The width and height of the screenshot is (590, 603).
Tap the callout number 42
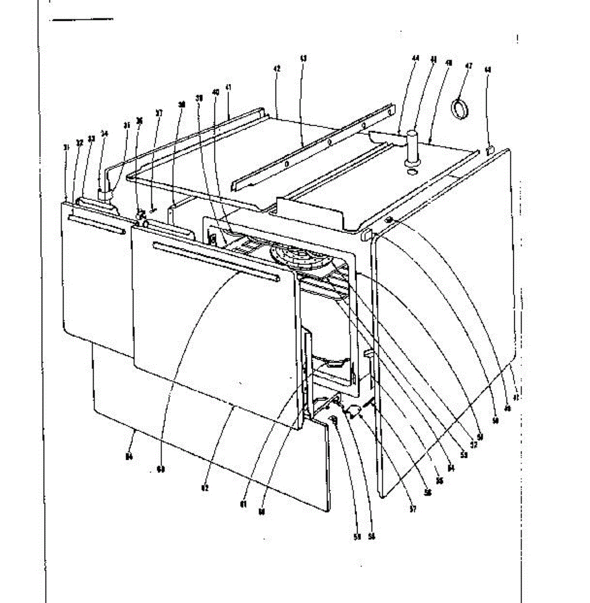[x=277, y=68]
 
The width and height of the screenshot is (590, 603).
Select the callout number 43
[x=303, y=59]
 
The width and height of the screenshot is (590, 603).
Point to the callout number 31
[x=66, y=147]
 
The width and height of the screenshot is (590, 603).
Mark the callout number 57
[x=413, y=509]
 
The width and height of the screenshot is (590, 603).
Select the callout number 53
[x=464, y=455]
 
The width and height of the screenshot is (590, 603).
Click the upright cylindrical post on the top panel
[x=413, y=146]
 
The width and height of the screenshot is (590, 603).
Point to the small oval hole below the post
[x=412, y=172]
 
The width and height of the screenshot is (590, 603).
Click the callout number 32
[x=79, y=143]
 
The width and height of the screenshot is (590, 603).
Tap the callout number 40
[x=216, y=92]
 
